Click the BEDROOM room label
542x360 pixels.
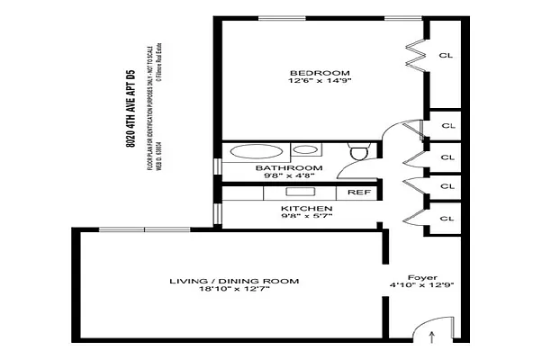click(307, 73)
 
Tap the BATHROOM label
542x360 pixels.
click(288, 168)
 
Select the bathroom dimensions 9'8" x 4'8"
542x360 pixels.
click(288, 177)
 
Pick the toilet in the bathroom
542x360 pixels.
click(357, 154)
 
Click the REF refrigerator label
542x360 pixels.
click(357, 193)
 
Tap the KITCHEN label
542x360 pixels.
click(301, 209)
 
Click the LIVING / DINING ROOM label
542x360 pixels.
click(234, 282)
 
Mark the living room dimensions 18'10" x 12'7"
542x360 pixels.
click(234, 292)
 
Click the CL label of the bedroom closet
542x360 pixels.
click(446, 55)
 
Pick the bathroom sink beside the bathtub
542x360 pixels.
click(306, 149)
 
